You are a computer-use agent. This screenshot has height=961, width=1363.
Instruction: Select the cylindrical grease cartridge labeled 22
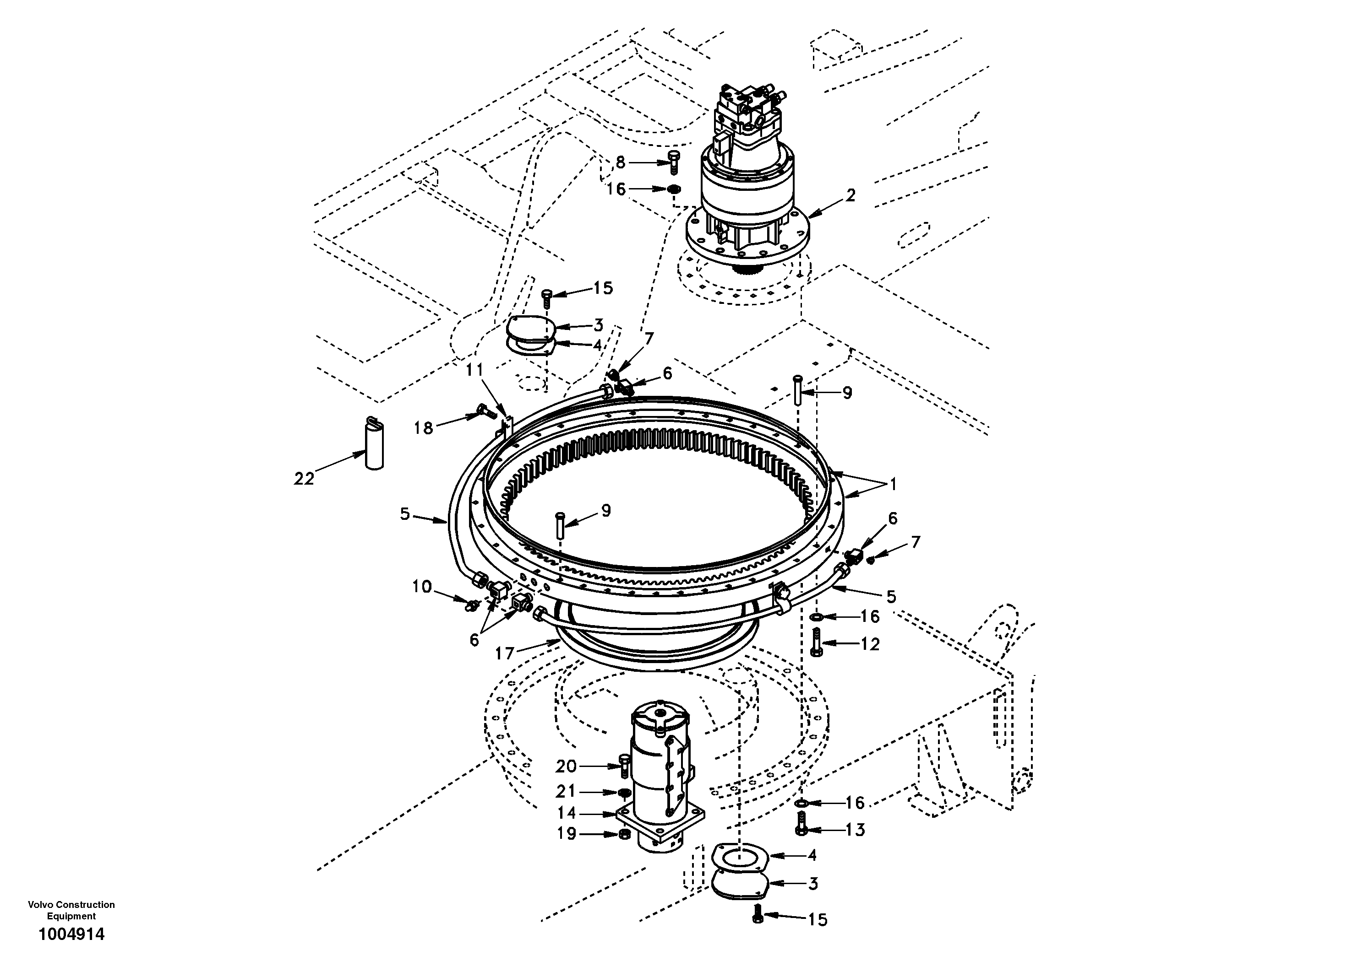point(374,445)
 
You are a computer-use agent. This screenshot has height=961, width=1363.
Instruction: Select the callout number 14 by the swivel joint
point(567,813)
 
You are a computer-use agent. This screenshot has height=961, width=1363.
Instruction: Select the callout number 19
point(567,833)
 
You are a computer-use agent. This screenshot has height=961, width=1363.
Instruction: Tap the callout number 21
point(566,791)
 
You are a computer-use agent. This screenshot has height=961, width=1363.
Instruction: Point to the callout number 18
point(423,428)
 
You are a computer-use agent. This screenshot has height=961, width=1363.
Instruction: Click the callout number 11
point(475,370)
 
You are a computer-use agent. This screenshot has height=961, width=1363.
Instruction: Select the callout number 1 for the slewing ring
point(892,485)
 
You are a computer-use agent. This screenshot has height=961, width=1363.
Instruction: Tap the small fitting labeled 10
point(473,605)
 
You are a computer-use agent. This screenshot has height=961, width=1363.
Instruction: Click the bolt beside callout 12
point(816,642)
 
